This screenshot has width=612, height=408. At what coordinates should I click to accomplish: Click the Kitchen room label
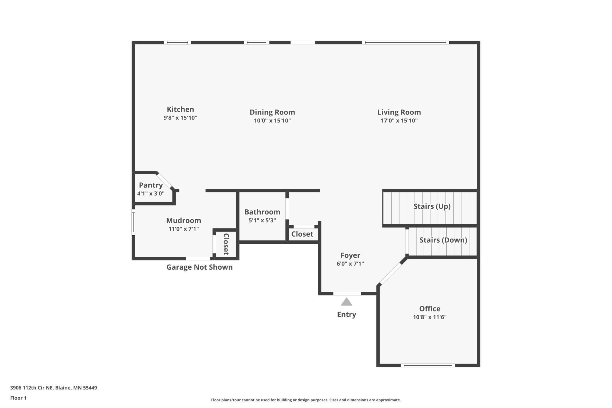(180, 110)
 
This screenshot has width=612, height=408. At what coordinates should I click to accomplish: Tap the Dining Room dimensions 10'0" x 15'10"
(272, 120)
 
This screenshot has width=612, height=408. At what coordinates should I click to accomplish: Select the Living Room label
(399, 112)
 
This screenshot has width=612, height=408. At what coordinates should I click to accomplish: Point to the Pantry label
(151, 185)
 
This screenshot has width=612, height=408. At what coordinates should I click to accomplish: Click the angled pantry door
(164, 180)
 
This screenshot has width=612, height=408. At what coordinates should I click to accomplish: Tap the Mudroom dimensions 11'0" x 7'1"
(184, 229)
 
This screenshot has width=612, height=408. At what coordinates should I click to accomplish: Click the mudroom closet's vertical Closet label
(226, 244)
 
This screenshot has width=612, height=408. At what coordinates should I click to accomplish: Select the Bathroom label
(262, 212)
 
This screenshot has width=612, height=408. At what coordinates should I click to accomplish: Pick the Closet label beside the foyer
(302, 234)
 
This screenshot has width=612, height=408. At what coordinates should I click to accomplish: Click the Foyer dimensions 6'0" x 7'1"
(350, 264)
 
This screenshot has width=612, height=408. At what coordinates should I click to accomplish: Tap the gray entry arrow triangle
(347, 302)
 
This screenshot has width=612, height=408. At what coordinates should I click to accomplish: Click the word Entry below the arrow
(347, 314)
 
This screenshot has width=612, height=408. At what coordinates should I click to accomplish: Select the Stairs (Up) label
(432, 206)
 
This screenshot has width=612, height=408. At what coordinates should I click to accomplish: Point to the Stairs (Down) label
(443, 240)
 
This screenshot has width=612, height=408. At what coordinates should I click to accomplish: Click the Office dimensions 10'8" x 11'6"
(430, 317)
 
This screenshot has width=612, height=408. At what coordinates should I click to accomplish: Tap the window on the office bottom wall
(428, 365)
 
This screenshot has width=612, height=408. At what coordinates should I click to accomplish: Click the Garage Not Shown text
(199, 267)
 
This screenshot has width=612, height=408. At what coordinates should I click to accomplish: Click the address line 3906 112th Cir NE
(54, 388)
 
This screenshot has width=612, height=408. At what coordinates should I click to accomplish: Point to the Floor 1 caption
(18, 398)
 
